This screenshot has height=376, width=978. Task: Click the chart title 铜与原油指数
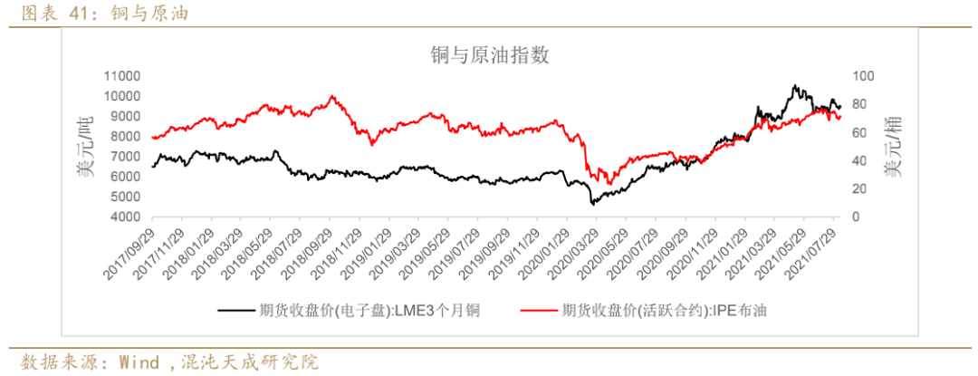tap(489, 56)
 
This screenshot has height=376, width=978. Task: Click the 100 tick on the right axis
tap(862, 76)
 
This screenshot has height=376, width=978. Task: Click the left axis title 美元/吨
tap(85, 148)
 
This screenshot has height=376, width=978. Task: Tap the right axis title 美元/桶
tap(894, 148)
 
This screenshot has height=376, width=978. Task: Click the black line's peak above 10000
tap(794, 86)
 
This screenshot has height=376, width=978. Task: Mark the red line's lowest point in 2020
tap(608, 184)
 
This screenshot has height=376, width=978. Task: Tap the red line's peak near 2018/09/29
tap(332, 96)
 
